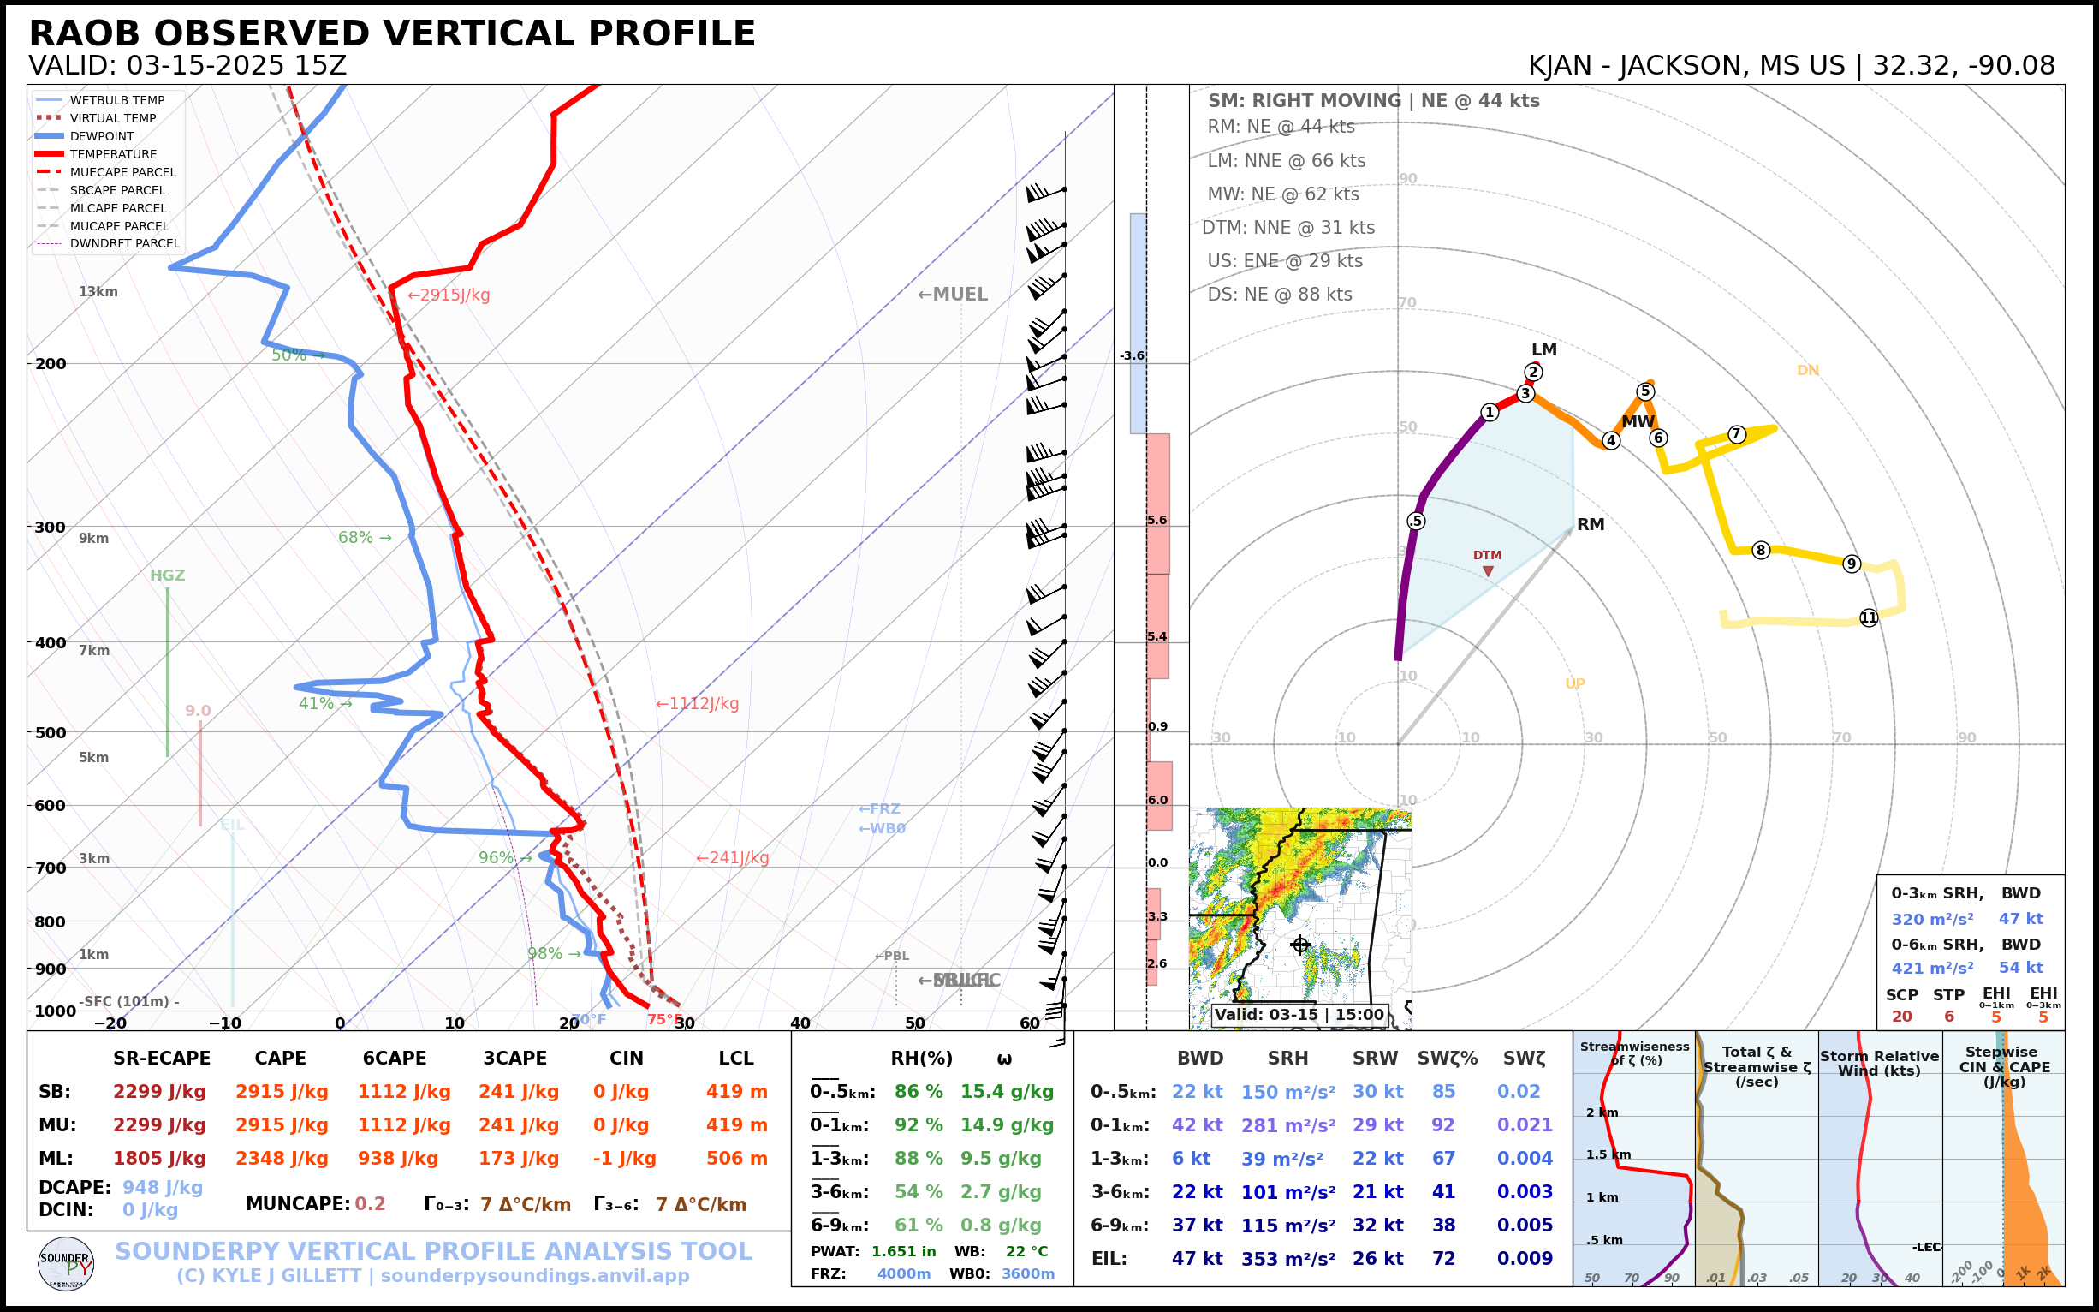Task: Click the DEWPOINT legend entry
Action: (x=102, y=136)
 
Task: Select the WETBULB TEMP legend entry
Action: (x=117, y=101)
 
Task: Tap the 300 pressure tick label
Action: (x=51, y=528)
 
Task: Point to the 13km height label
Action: (x=98, y=291)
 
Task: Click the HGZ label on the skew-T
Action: (x=168, y=575)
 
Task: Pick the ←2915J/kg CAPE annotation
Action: (x=449, y=295)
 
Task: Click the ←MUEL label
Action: (x=953, y=294)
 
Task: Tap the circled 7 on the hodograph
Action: (x=1736, y=435)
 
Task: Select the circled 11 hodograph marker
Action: (x=1868, y=617)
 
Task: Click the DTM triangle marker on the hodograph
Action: (x=1488, y=571)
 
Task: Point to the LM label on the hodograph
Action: (x=1544, y=349)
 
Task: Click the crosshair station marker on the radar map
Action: (x=1300, y=945)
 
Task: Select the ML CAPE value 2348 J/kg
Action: (x=282, y=1159)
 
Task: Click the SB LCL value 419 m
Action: (x=736, y=1092)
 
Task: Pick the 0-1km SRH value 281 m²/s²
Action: (x=1288, y=1125)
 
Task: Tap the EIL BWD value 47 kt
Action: (x=1197, y=1258)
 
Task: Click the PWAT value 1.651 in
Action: (x=904, y=1251)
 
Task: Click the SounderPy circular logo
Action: (x=66, y=1263)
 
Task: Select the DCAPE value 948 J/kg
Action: (x=162, y=1187)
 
